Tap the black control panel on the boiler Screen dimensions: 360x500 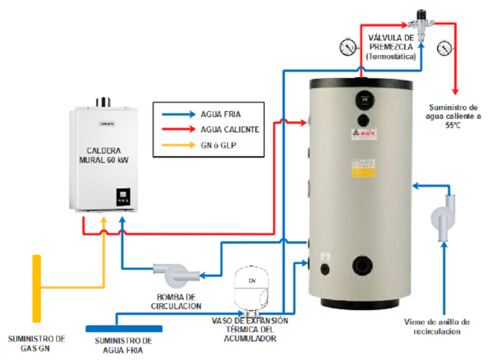pyautogui.click(x=123, y=197)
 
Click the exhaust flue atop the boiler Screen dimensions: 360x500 pyautogui.click(x=103, y=102)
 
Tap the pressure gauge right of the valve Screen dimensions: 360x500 pyautogui.click(x=444, y=47)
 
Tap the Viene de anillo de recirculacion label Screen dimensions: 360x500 pyautogui.click(x=437, y=326)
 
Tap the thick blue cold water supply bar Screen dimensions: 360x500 pyautogui.click(x=124, y=328)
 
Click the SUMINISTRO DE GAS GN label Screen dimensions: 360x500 pyautogui.click(x=37, y=343)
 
